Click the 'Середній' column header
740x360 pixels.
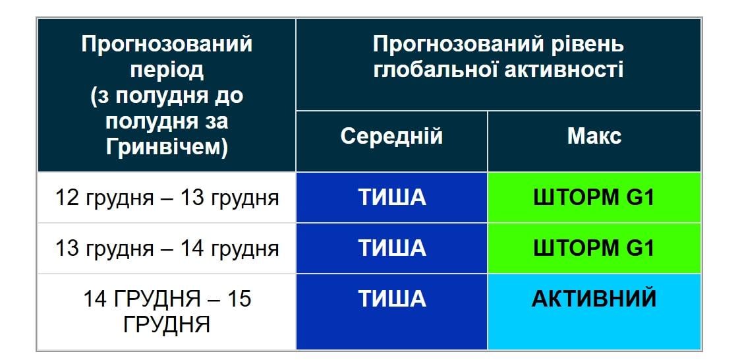point(391,136)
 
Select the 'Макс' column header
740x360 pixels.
point(594,136)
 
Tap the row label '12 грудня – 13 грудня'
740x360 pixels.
point(167,198)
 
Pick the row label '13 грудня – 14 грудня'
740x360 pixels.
point(167,249)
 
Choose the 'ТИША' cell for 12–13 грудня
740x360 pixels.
point(392,198)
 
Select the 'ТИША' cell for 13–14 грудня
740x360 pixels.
point(392,249)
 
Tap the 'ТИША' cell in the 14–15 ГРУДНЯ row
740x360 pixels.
point(392,299)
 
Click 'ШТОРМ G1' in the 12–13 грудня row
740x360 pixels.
point(594,198)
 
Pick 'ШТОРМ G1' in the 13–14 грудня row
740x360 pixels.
point(594,249)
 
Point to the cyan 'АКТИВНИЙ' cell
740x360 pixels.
point(594,299)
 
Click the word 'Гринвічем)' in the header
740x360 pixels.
point(167,147)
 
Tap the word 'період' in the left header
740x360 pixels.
point(167,70)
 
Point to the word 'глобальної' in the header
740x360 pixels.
point(435,70)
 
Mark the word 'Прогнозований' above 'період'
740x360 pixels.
point(167,45)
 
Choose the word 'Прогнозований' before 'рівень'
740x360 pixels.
point(458,45)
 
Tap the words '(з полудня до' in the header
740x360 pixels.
point(167,96)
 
